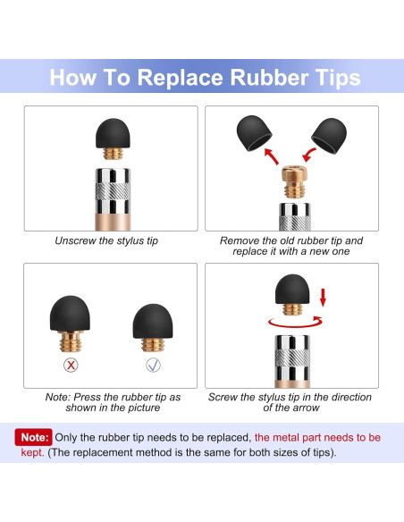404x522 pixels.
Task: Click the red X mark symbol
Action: coord(71,366)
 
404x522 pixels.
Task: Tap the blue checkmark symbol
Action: coord(153,365)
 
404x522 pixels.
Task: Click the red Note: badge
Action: coord(34,437)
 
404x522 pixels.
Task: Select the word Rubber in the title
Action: coord(269,77)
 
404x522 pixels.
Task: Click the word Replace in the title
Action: coord(180,79)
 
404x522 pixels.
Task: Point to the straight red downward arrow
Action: coord(323,298)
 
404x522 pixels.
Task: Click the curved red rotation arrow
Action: coord(296,323)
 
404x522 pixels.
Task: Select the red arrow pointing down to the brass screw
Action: coord(309,156)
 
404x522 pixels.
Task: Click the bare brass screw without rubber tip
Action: coord(294,181)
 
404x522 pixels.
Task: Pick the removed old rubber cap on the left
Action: coord(254,133)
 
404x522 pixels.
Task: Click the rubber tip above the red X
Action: coord(70,313)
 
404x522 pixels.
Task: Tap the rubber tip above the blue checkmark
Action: coord(153,321)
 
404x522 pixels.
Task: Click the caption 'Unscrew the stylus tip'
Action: coord(106,240)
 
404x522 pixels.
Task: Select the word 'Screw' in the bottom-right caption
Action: coord(223,397)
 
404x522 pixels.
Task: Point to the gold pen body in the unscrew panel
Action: coord(113,222)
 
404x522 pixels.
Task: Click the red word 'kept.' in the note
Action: coord(32,453)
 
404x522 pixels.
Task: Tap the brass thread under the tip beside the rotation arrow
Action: coord(292,309)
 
